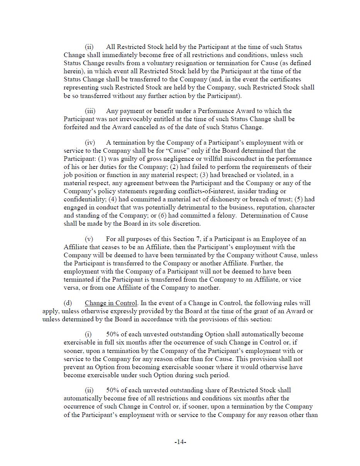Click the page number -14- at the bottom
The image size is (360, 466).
click(x=180, y=442)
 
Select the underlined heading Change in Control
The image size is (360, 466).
click(x=110, y=303)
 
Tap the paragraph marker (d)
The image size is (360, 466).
click(x=68, y=303)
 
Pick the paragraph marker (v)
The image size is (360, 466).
click(x=89, y=239)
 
